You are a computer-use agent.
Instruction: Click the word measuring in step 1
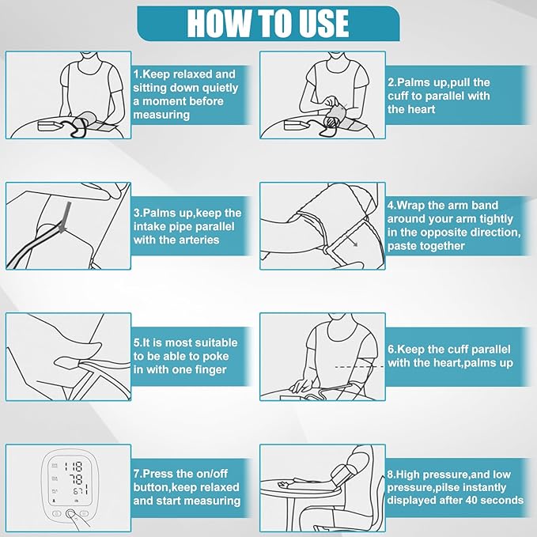[x=161, y=115]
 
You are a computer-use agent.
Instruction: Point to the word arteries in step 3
[x=198, y=240]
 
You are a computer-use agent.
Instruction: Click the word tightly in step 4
[x=496, y=219]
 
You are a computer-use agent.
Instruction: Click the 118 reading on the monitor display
[x=74, y=467]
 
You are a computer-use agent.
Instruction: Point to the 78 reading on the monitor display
[x=76, y=478]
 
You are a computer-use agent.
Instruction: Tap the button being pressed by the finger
[x=70, y=513]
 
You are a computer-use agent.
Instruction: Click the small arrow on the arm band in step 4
[x=352, y=240]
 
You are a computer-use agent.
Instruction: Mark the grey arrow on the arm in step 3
[x=64, y=217]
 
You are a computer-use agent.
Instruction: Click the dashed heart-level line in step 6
[x=360, y=367]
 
